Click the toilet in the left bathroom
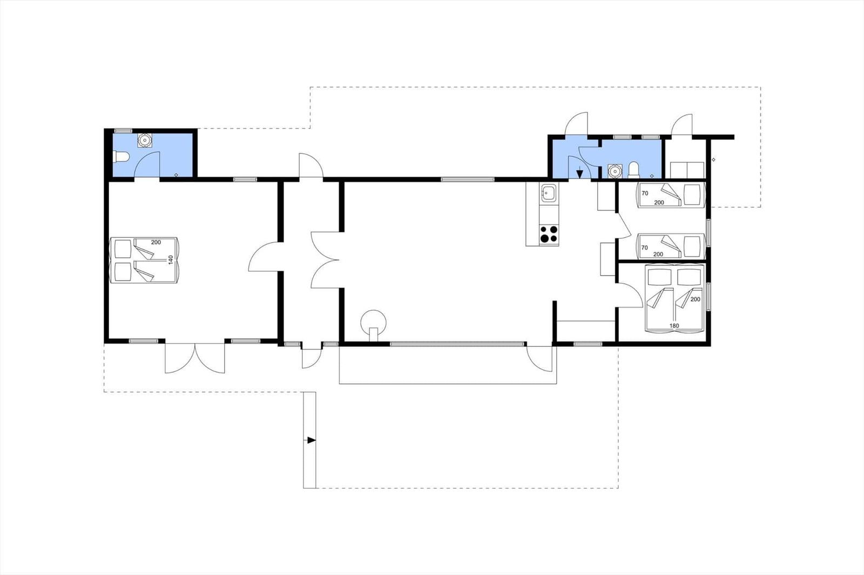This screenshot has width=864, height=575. click(x=122, y=157)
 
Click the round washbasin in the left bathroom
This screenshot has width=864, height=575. click(x=145, y=140)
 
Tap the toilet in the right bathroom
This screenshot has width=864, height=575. click(x=633, y=170)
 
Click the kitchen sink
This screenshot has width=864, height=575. click(x=549, y=193)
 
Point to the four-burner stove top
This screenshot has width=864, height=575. click(x=549, y=234)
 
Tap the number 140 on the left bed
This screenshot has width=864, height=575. click(x=171, y=260)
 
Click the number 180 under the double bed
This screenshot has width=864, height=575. click(x=674, y=326)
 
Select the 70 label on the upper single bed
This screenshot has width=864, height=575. click(x=645, y=194)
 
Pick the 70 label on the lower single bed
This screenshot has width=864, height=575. click(x=645, y=248)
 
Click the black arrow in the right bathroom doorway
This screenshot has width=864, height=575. click(x=579, y=174)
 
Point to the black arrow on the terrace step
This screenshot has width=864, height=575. click(x=311, y=440)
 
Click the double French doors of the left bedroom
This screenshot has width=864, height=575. click(x=195, y=357)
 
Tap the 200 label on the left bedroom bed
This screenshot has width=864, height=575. click(x=156, y=242)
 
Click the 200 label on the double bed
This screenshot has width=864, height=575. click(x=696, y=299)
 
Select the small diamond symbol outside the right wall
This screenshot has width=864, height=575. click(x=713, y=160)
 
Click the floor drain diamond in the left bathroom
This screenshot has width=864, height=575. click(x=176, y=175)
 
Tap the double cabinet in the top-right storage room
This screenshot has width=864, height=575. click(x=687, y=170)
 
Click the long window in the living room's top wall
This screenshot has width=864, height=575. click(x=468, y=179)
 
